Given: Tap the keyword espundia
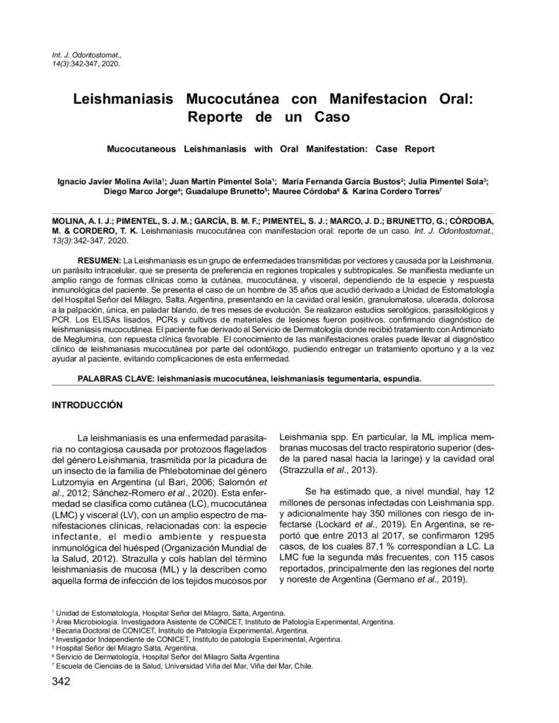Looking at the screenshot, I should click(402, 378).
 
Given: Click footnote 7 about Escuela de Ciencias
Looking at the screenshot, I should click(184, 666).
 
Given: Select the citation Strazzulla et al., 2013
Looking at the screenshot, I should click(327, 470).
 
